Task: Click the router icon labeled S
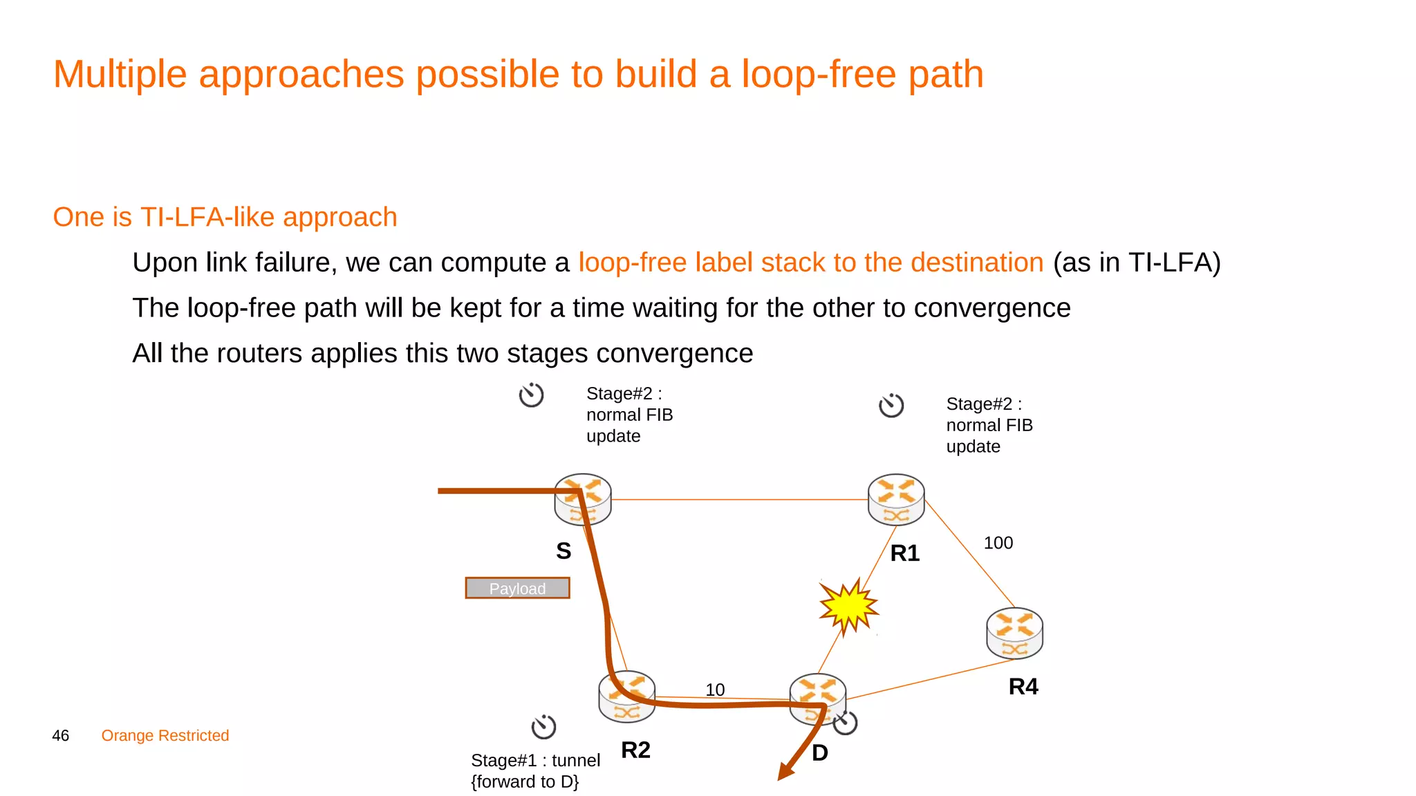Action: [x=583, y=499]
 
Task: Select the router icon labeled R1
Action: [x=896, y=499]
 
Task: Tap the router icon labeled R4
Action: [x=1014, y=633]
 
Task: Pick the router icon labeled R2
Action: [x=626, y=696]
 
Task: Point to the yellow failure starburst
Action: [x=848, y=606]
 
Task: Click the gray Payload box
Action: [x=517, y=588]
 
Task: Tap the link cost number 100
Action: [x=998, y=543]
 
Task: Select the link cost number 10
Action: [x=715, y=690]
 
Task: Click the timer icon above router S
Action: [x=531, y=395]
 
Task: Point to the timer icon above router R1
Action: [x=891, y=405]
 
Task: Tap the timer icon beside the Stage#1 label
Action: [x=543, y=726]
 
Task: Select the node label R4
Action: [x=1023, y=686]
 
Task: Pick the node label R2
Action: [x=635, y=750]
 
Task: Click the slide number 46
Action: [x=61, y=735]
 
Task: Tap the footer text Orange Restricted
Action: [x=165, y=735]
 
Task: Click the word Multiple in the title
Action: [x=120, y=74]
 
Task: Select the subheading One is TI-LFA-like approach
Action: [x=225, y=217]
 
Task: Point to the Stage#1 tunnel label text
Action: [x=535, y=770]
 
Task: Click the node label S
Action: [x=563, y=551]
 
